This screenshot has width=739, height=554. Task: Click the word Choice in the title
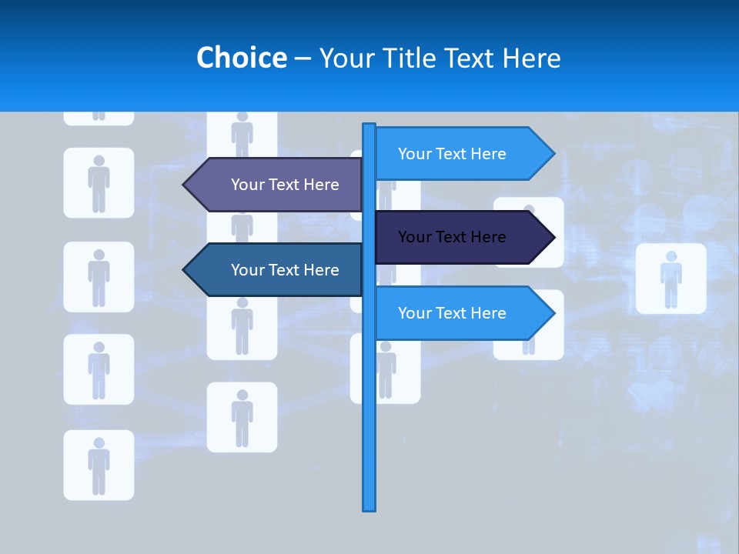[x=241, y=58]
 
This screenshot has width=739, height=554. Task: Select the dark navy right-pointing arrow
[x=462, y=237]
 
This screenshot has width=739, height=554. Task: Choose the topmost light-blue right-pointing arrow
[x=462, y=154]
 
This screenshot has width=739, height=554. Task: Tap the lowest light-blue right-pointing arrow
[x=462, y=313]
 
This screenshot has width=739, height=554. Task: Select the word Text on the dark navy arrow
[x=452, y=237]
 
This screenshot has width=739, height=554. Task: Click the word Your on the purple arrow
[x=247, y=185]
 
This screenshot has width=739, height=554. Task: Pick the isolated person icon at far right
[x=670, y=279]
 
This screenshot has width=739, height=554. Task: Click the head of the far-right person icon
[x=670, y=256]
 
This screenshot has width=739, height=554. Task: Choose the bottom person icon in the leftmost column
[x=99, y=465]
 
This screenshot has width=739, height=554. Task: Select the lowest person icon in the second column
[x=242, y=417]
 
